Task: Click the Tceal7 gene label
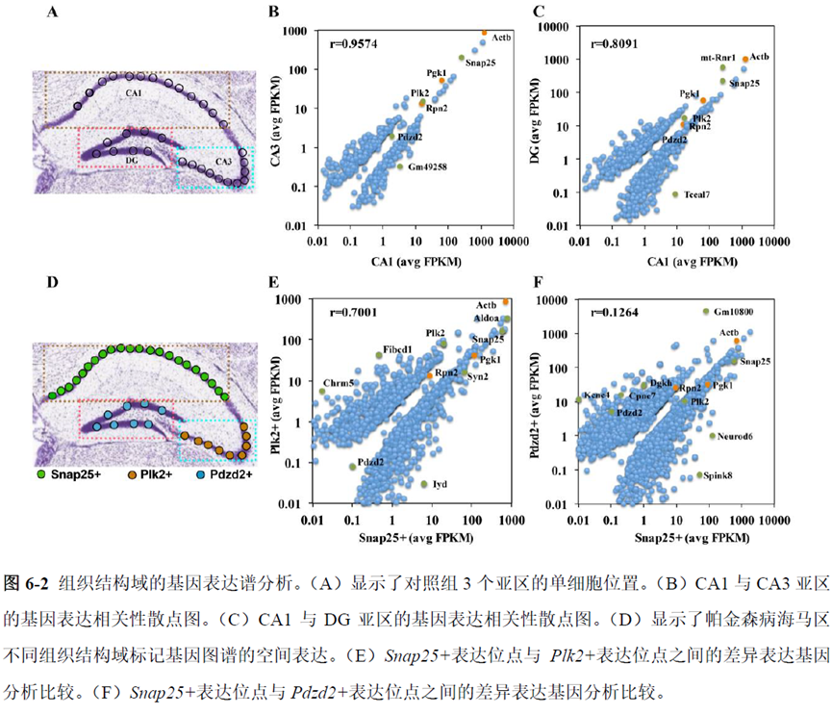pyautogui.click(x=699, y=195)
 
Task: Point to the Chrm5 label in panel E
pyautogui.click(x=340, y=382)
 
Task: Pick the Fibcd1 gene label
pyautogui.click(x=398, y=347)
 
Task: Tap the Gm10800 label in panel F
pyautogui.click(x=738, y=312)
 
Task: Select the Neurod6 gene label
pyautogui.click(x=736, y=436)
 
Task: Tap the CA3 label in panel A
pyautogui.click(x=223, y=161)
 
